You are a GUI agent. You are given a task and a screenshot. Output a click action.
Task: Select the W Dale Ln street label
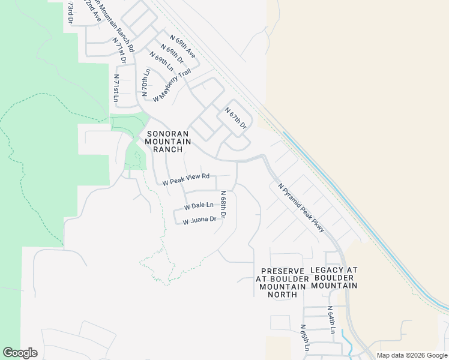[x=199, y=206]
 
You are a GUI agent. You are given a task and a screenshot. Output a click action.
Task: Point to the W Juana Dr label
[x=199, y=220]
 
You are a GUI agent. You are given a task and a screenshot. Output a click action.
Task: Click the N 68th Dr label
[x=223, y=205]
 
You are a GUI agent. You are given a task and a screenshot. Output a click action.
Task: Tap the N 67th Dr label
[x=236, y=118]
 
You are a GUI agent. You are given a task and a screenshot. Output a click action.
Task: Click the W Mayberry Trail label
[x=172, y=85]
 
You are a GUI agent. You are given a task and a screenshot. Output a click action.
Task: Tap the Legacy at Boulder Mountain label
[x=334, y=278]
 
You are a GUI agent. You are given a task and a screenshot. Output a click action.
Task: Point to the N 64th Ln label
[x=330, y=319]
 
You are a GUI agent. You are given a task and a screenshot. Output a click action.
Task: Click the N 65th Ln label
[x=305, y=338]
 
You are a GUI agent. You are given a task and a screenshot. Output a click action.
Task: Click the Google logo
[x=20, y=353]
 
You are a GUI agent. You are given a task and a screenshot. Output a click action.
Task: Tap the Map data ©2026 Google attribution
[x=411, y=355]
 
